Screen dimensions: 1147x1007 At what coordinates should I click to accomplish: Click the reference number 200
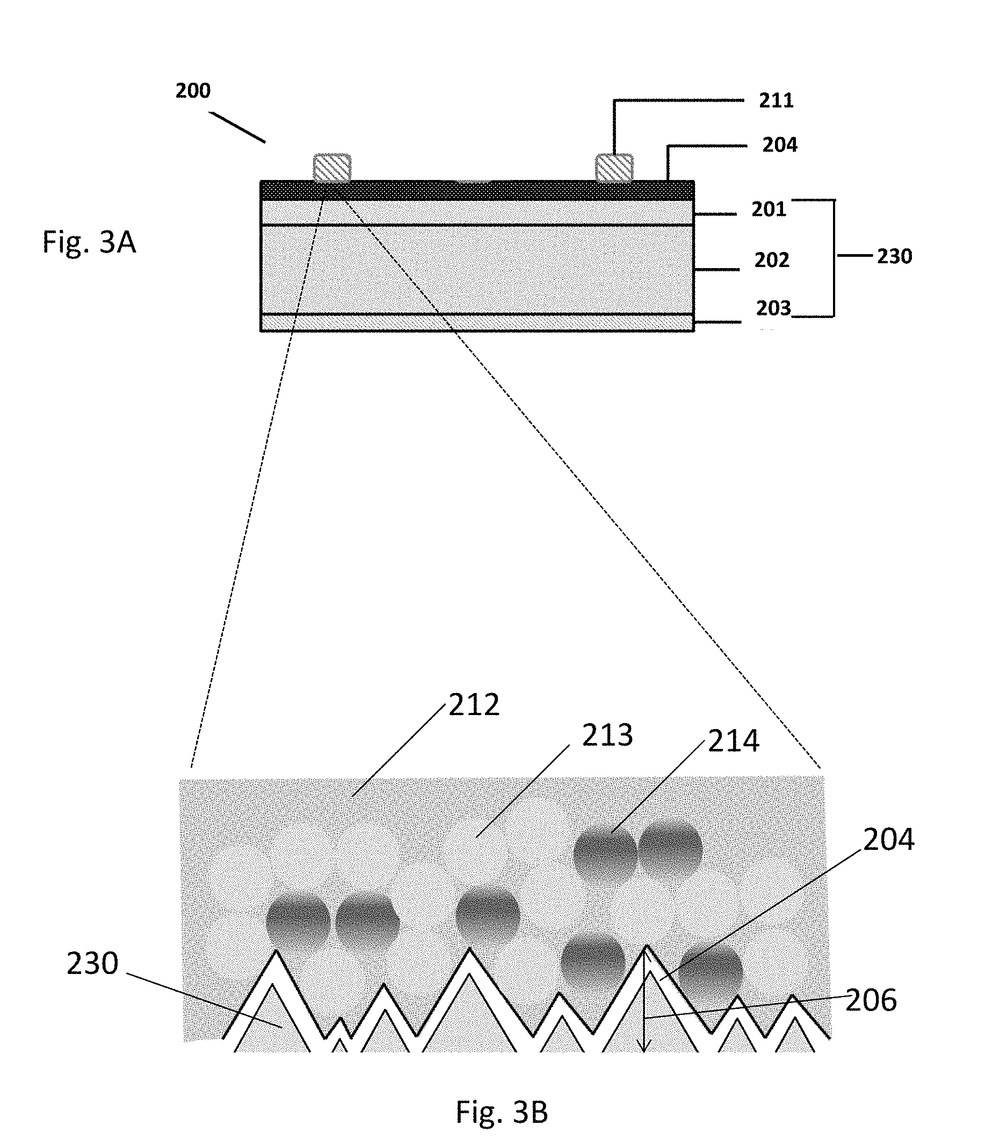[x=192, y=90]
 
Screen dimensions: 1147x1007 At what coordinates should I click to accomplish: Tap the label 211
[x=776, y=100]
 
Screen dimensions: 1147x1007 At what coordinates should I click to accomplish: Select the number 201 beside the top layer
[x=769, y=210]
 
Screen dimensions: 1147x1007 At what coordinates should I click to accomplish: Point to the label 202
[x=771, y=260]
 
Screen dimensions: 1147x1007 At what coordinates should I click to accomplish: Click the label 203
[x=773, y=308]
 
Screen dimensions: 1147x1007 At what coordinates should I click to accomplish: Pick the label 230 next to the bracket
[x=894, y=256]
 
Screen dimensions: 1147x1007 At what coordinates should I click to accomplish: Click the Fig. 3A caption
[x=89, y=242]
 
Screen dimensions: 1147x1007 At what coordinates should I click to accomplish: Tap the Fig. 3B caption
[x=501, y=1112]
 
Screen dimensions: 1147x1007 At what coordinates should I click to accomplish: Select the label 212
[x=474, y=705]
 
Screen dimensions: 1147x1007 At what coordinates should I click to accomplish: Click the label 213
[x=607, y=735]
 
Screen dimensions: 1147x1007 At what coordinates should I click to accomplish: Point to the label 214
[x=733, y=741]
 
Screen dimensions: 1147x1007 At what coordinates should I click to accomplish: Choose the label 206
[x=871, y=1000]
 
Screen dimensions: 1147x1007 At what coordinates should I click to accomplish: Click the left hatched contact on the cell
[x=331, y=167]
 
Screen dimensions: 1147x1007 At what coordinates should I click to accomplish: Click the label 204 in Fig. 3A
[x=779, y=146]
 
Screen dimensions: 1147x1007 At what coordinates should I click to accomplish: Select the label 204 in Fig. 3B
[x=888, y=840]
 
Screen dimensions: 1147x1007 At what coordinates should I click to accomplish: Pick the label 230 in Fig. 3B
[x=92, y=964]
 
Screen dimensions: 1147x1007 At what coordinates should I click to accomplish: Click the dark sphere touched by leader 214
[x=605, y=853]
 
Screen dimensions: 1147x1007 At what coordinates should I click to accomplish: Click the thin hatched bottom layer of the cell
[x=477, y=323]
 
